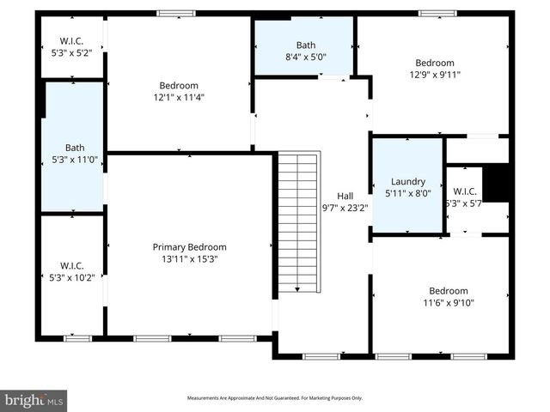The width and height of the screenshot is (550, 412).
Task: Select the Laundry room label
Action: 407,181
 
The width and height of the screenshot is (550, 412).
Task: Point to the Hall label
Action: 345,195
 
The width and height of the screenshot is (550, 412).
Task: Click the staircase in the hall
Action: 298,223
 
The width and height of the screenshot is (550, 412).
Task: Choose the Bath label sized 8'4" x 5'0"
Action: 306,45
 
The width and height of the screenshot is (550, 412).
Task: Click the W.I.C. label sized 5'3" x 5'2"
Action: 71,41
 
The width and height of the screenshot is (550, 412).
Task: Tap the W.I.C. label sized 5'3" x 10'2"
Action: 71,264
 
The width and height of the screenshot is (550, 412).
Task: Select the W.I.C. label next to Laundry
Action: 464,191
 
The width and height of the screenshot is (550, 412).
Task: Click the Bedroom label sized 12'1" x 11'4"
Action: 179,85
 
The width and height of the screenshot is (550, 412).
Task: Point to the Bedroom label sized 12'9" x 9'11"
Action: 435,63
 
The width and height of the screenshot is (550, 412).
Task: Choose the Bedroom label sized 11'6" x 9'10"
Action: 449,290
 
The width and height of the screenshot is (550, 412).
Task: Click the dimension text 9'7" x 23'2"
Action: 345,207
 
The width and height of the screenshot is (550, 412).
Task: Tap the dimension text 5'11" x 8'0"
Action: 407,193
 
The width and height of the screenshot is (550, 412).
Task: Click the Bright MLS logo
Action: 34,400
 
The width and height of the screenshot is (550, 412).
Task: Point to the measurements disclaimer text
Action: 275,398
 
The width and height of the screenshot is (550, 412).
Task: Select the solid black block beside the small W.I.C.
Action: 496,182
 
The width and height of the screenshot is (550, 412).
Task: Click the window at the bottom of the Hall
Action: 321,356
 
